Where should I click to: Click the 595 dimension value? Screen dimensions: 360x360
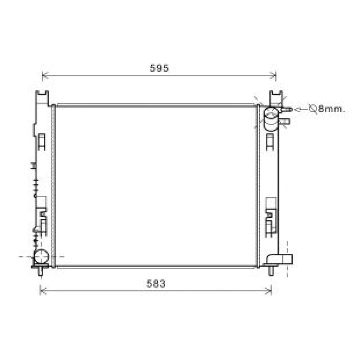coord(159,68)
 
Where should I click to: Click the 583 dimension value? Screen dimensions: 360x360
coord(156,284)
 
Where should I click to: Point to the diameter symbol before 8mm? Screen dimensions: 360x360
coord(313,109)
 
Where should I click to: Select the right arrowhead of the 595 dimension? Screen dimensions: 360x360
coord(273,75)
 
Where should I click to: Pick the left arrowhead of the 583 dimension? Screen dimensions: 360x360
coord(43,291)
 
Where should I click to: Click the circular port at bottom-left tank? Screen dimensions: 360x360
coord(41,256)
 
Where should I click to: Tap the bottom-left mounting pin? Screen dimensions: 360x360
coord(41,271)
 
